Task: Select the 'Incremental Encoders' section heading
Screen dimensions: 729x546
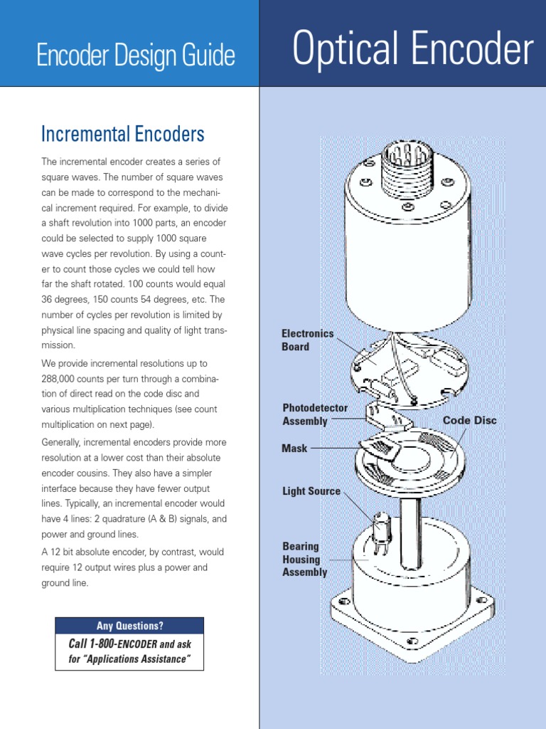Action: [123, 133]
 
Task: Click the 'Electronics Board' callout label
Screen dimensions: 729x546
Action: [306, 340]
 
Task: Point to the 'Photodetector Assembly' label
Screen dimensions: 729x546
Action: [315, 414]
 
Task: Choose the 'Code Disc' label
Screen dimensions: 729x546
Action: [469, 420]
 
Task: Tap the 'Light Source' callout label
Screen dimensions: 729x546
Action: [311, 491]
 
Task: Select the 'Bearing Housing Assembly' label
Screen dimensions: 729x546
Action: [304, 559]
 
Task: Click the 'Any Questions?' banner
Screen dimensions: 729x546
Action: [129, 626]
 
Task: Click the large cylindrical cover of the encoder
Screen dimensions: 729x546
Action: [407, 263]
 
